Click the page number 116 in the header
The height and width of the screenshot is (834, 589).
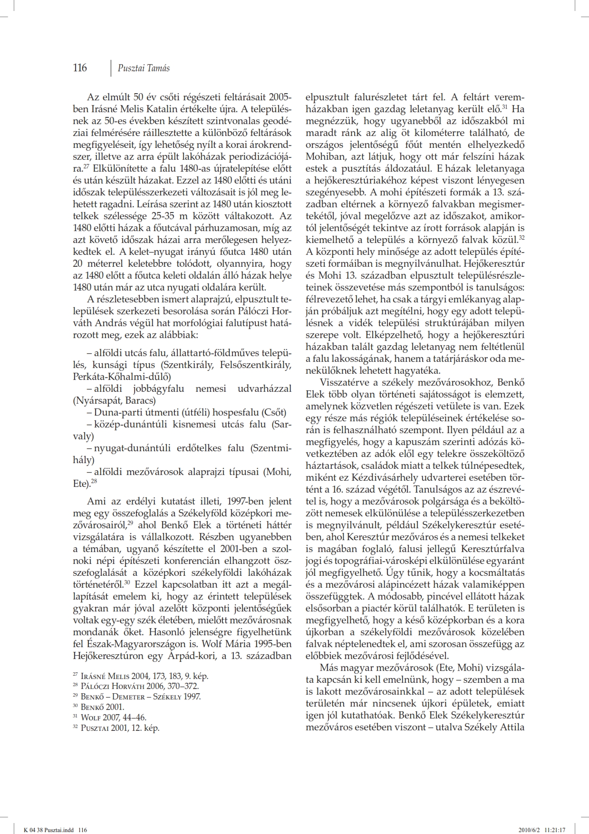80,68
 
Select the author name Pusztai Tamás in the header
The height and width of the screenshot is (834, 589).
144,68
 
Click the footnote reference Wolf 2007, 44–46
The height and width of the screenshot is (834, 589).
113,718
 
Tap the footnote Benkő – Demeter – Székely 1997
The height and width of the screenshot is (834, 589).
140,697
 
